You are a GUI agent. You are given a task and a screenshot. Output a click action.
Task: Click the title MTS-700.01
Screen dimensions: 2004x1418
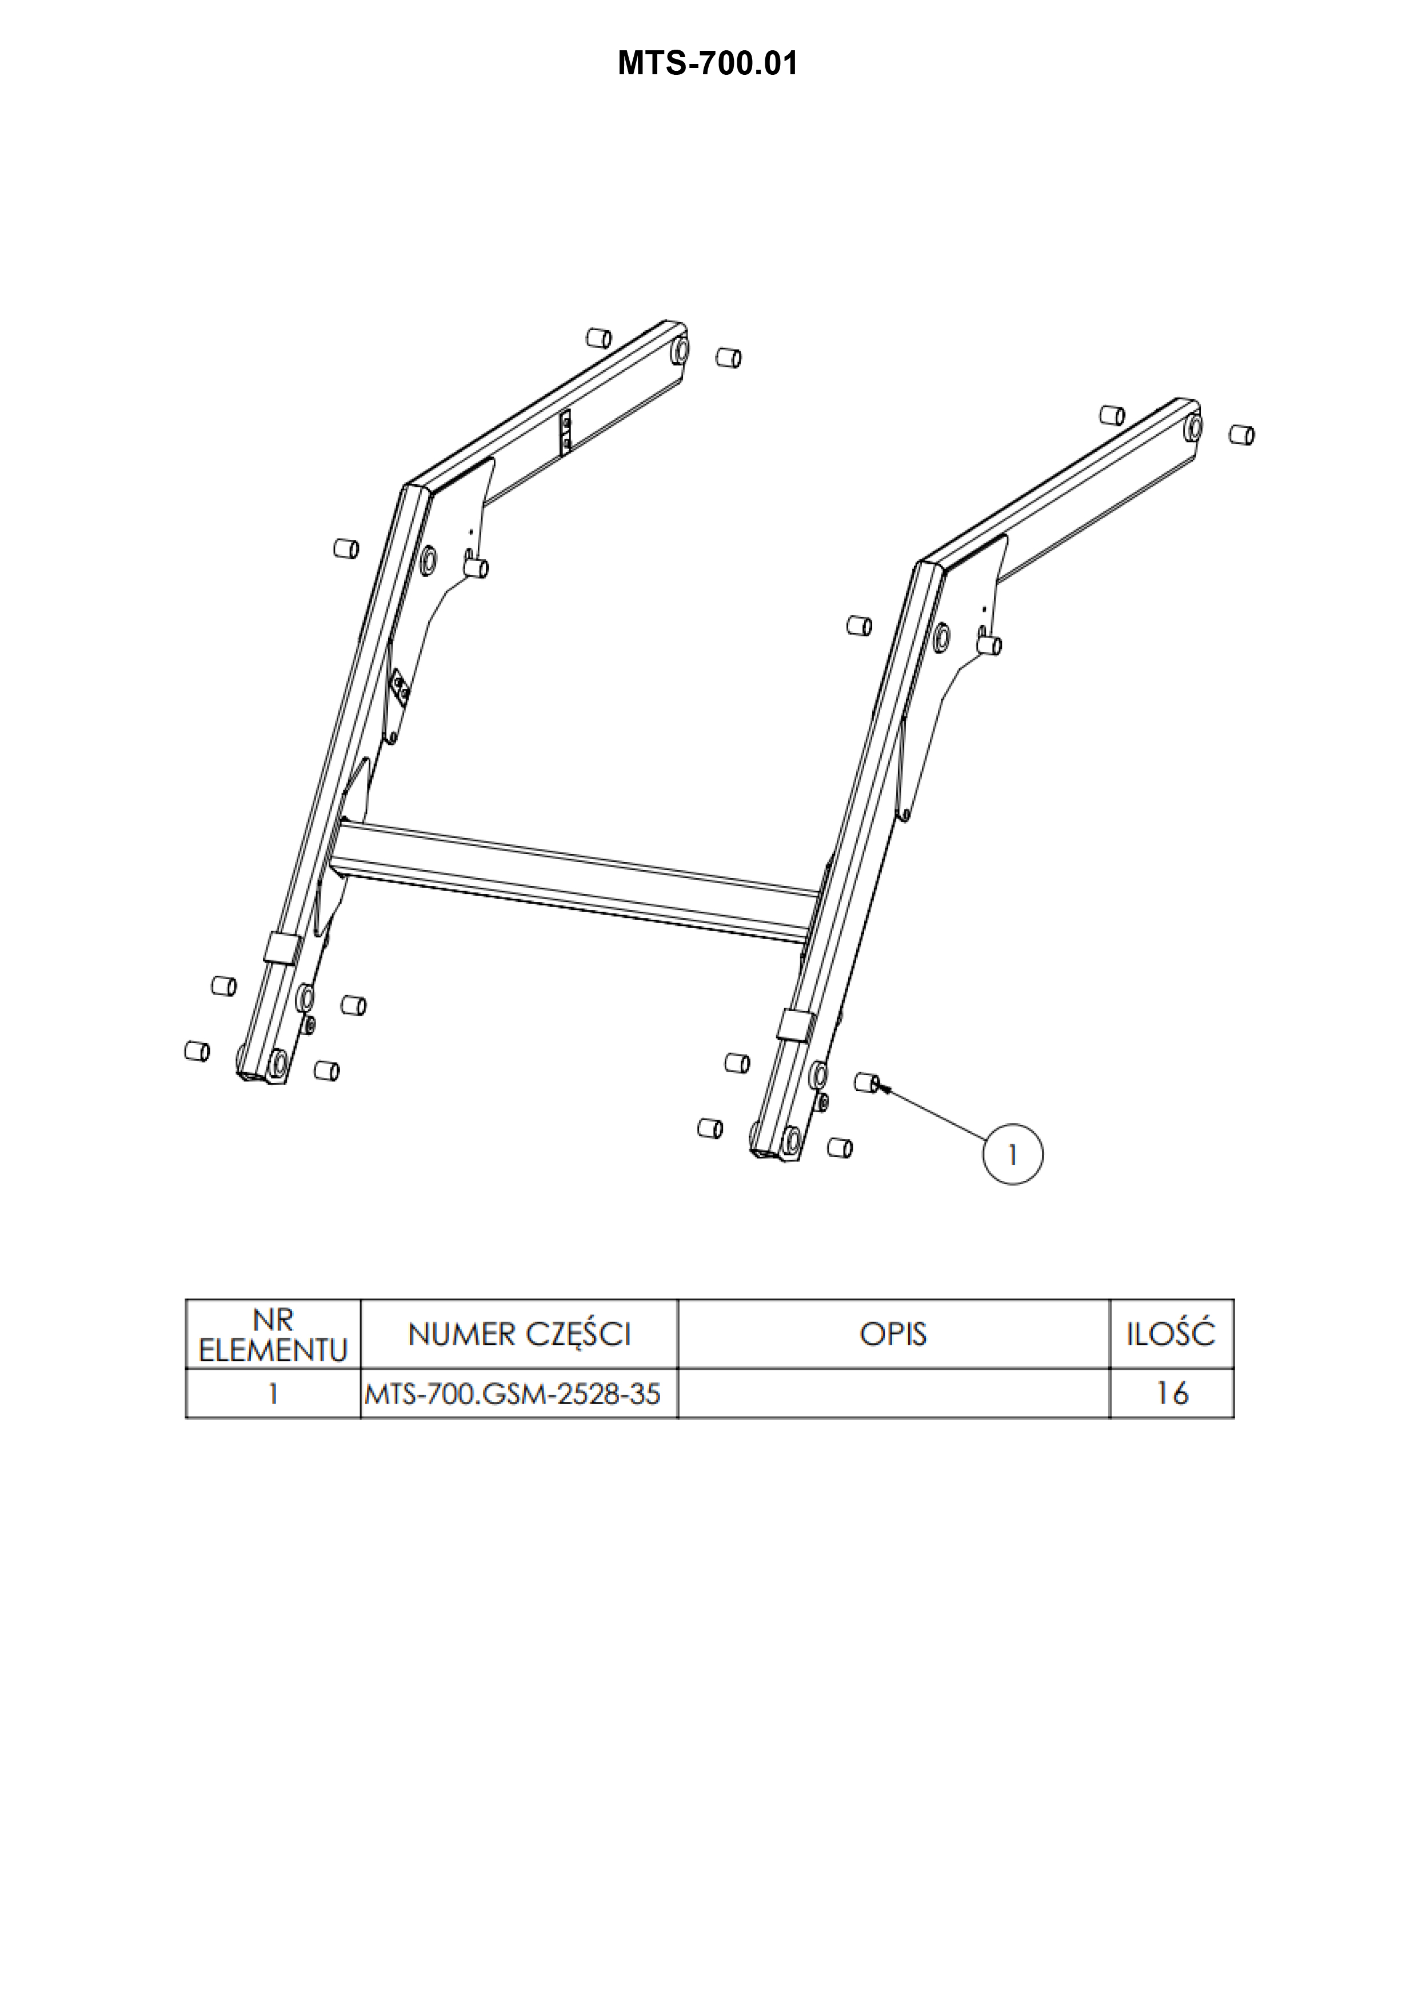click(x=707, y=64)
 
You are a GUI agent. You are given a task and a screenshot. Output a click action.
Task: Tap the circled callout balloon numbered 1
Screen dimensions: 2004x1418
click(x=1012, y=1155)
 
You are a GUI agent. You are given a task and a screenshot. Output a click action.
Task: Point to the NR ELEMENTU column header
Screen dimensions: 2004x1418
click(x=273, y=1334)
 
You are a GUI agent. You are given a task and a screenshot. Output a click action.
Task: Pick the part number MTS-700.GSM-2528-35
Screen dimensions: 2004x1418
click(x=513, y=1394)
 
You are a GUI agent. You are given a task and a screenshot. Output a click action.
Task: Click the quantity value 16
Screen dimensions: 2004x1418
click(x=1172, y=1394)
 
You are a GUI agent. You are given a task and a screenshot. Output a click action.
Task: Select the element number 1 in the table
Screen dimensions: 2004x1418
click(x=273, y=1394)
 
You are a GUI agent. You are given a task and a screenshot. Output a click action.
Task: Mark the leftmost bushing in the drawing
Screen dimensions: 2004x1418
click(x=197, y=1051)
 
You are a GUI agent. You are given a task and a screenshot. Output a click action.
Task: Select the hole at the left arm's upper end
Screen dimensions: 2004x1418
click(x=680, y=351)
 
